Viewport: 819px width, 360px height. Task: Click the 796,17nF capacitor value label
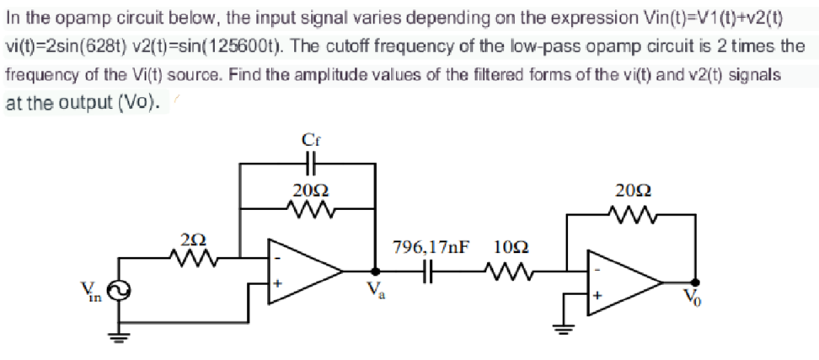pos(431,248)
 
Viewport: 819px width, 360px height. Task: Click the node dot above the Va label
pos(374,271)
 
